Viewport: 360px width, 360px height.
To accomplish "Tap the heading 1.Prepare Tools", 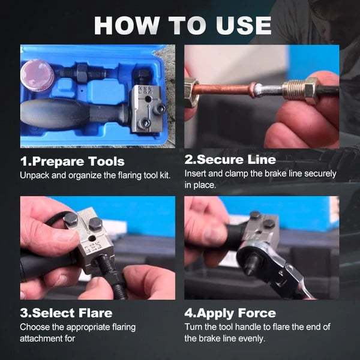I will (73, 161).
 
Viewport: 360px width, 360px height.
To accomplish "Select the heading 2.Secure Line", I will (230, 160).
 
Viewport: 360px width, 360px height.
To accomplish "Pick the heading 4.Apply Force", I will (230, 313).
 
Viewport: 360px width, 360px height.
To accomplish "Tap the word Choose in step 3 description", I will (35, 327).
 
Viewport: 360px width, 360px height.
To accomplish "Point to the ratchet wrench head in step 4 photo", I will (255, 260).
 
